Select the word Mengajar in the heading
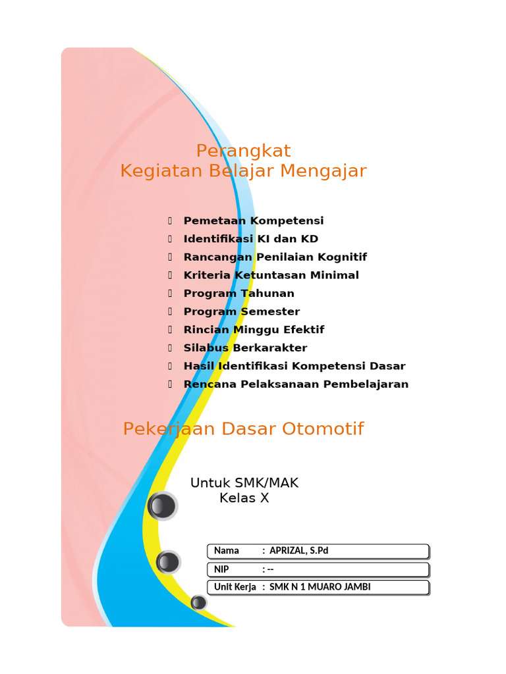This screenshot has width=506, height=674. pyautogui.click(x=323, y=171)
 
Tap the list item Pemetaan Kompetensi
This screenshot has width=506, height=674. pyautogui.click(x=254, y=221)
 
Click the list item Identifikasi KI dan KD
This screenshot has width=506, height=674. pyautogui.click(x=251, y=239)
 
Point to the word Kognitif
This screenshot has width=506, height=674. pyautogui.click(x=342, y=257)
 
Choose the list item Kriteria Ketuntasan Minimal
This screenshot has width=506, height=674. pyautogui.click(x=271, y=275)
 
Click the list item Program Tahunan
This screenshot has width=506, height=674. pyautogui.click(x=239, y=294)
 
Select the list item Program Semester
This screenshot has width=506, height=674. pyautogui.click(x=242, y=311)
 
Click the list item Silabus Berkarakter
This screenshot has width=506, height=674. pyautogui.click(x=245, y=348)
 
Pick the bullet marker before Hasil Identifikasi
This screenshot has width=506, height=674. pyautogui.click(x=170, y=366)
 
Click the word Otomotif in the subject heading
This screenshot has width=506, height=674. pyautogui.click(x=323, y=429)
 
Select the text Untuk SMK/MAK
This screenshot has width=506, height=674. pyautogui.click(x=244, y=483)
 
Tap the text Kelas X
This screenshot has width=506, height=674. pyautogui.click(x=244, y=498)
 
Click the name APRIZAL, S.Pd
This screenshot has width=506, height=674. pyautogui.click(x=298, y=551)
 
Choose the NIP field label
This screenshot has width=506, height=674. pyautogui.click(x=221, y=569)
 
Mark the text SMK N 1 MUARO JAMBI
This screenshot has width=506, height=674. pyautogui.click(x=320, y=587)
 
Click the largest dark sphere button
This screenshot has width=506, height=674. pyautogui.click(x=162, y=506)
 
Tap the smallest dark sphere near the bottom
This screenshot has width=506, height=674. pyautogui.click(x=198, y=603)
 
